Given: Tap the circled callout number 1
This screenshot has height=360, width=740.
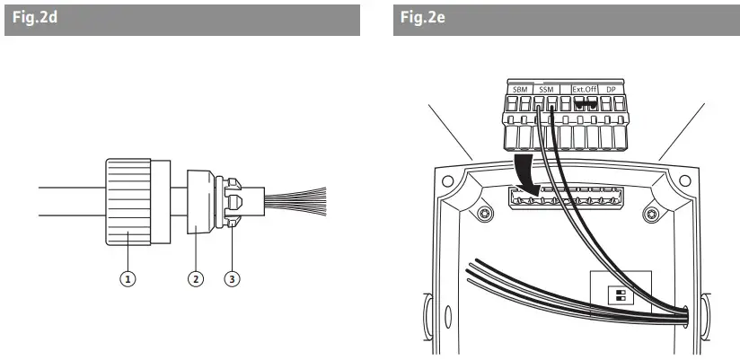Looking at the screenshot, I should [x=128, y=278].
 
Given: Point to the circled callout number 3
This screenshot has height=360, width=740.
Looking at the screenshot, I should [x=233, y=278].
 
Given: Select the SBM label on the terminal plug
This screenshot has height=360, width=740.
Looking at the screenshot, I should [x=520, y=91].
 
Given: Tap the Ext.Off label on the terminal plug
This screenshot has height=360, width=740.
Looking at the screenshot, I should [x=586, y=91].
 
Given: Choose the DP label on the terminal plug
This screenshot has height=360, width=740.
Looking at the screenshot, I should [x=611, y=91].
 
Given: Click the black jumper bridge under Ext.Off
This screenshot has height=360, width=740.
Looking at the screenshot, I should [x=586, y=104].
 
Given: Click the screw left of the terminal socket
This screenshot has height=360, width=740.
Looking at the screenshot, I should [x=485, y=214].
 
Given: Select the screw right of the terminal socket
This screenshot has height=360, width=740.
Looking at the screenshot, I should [x=648, y=214].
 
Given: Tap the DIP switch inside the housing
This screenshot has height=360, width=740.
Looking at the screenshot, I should [x=619, y=295].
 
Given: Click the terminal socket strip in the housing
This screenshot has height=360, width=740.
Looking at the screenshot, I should [x=566, y=198].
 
